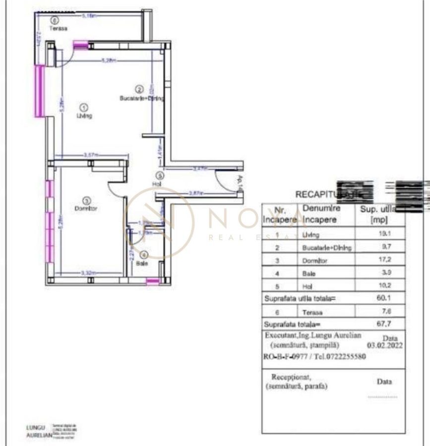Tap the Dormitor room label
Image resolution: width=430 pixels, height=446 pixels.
[x=86, y=209]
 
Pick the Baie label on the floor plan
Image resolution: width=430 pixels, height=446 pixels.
[x=142, y=264]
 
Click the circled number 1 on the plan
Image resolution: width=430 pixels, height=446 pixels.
[x=84, y=107]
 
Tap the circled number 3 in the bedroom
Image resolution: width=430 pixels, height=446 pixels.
[x=87, y=201]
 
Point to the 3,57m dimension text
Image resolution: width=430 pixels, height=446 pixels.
[x=90, y=155]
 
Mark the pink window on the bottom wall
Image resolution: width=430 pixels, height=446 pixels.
[x=153, y=281]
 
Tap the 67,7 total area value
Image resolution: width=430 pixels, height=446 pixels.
[x=379, y=325]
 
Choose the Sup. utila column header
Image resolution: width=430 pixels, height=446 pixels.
[x=379, y=214]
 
